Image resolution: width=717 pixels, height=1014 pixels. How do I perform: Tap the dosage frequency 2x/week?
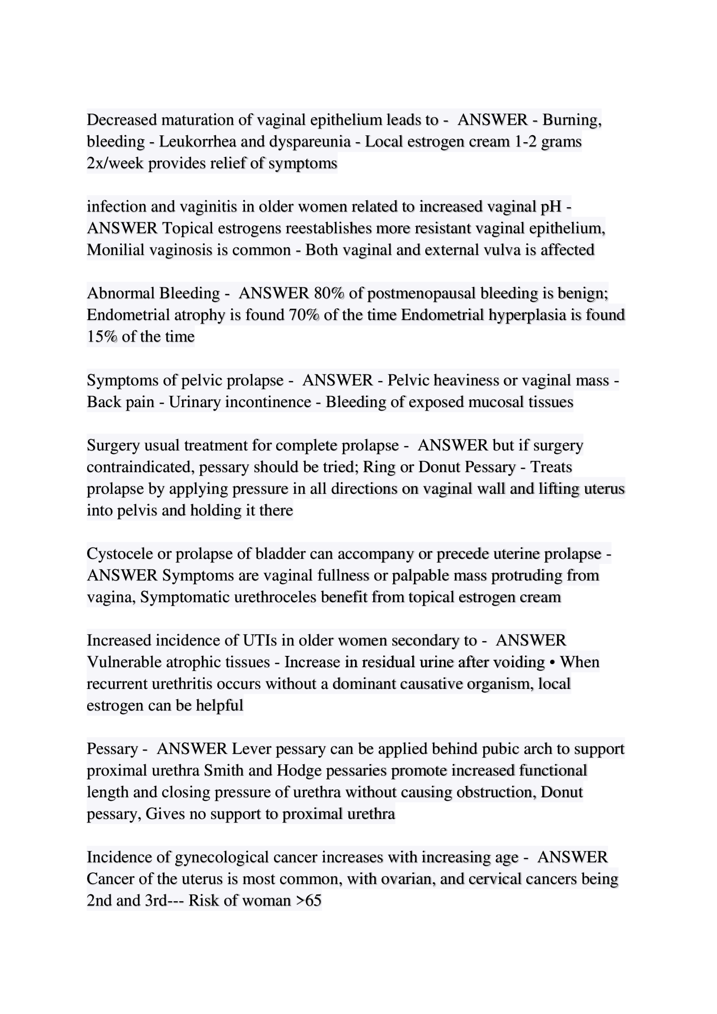pyautogui.click(x=115, y=163)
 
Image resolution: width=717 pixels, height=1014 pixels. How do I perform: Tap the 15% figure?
pyautogui.click(x=102, y=336)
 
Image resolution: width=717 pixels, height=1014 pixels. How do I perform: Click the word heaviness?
pyautogui.click(x=467, y=380)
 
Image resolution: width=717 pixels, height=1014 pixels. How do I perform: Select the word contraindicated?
pyautogui.click(x=140, y=467)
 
